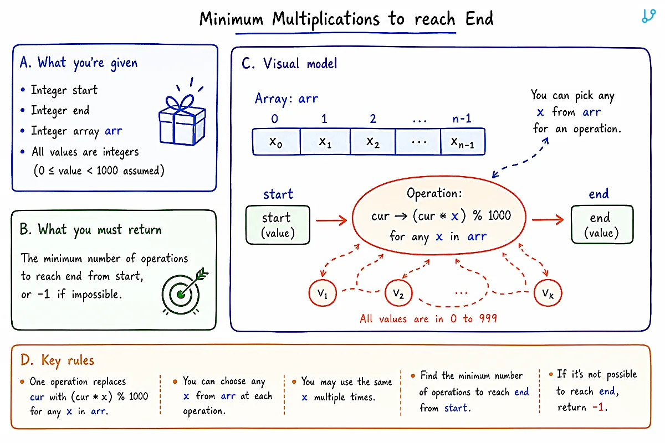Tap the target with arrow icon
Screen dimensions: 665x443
pos(185,291)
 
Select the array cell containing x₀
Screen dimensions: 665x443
pos(276,142)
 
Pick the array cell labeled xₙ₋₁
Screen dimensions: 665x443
pos(463,142)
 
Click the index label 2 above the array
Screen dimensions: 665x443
pos(373,119)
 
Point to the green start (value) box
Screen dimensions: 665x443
pos(278,225)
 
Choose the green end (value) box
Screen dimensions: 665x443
pos(602,225)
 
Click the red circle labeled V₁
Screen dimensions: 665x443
pos(323,293)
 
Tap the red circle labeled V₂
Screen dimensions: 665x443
pos(398,293)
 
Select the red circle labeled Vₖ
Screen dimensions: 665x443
pos(548,293)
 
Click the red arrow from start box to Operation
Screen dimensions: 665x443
pos(331,220)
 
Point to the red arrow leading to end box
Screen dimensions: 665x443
pos(548,220)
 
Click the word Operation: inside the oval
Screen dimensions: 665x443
pos(434,193)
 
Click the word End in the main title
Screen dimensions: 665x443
pos(479,19)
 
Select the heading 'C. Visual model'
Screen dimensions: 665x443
pos(289,63)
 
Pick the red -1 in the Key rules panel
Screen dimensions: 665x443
pos(598,407)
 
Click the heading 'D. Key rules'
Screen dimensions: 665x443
pos(57,360)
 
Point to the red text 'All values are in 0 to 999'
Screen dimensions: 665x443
pos(428,318)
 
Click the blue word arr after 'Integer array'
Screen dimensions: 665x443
pos(114,131)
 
